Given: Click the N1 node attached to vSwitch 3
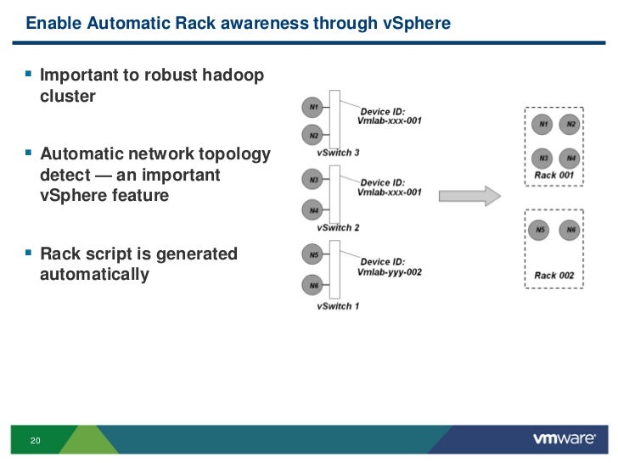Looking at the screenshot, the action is click(x=312, y=107).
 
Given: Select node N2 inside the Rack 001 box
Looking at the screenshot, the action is click(x=570, y=125).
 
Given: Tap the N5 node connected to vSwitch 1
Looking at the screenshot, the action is click(x=312, y=254).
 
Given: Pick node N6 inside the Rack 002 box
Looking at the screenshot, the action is click(x=570, y=230).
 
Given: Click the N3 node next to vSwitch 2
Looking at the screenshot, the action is click(x=312, y=180).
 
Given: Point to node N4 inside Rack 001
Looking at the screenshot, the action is click(x=570, y=159).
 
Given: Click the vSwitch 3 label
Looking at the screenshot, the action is click(x=338, y=153).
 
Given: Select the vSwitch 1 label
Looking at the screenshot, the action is click(x=338, y=306).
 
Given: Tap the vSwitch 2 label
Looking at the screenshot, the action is click(x=338, y=227).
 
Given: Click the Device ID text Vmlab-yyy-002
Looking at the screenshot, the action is click(x=390, y=272).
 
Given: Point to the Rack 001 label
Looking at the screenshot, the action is click(x=553, y=176).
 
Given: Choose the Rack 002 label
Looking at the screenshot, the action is click(x=553, y=276).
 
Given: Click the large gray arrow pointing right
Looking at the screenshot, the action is click(x=469, y=196).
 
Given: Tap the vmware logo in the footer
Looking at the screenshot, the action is click(x=565, y=438).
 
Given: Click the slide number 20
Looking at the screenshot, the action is click(x=35, y=441).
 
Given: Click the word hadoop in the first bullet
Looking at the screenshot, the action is click(x=233, y=75).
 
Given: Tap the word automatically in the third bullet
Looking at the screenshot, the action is click(x=94, y=275).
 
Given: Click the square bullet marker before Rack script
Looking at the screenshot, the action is click(x=28, y=252).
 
